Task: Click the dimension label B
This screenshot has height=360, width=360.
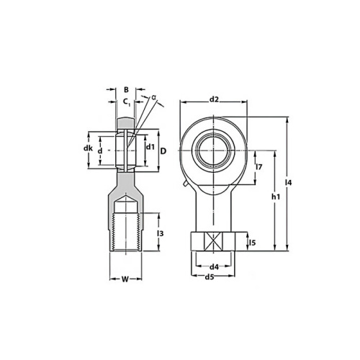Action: click(x=126, y=89)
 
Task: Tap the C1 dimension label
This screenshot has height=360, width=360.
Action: click(x=127, y=102)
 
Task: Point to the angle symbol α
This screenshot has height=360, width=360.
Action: click(x=153, y=97)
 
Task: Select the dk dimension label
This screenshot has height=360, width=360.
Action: click(x=88, y=148)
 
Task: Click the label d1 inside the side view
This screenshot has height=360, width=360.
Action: click(x=150, y=147)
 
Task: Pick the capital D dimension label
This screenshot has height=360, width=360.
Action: click(x=163, y=151)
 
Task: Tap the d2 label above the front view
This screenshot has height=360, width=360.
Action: click(x=214, y=99)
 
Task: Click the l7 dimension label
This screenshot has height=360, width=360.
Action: click(x=259, y=166)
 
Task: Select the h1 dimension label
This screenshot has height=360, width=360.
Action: click(x=276, y=197)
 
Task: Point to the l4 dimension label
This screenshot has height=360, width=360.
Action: click(x=288, y=183)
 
